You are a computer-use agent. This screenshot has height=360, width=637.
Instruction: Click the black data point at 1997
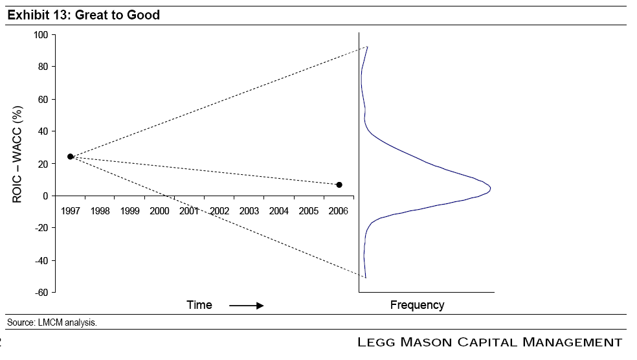click(71, 157)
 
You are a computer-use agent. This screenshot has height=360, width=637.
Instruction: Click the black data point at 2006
click(339, 185)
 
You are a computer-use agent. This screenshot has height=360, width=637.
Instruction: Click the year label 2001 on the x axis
click(190, 211)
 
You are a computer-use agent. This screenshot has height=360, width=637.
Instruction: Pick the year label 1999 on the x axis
click(129, 211)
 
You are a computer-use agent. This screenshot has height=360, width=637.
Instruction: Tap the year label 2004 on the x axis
click(279, 211)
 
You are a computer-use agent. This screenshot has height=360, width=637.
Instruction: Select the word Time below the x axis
click(199, 305)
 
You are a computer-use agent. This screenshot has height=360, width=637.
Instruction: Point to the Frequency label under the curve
click(417, 305)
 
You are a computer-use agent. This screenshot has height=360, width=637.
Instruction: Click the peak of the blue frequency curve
click(490, 188)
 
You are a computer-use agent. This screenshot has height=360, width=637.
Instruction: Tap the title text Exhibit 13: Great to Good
click(84, 15)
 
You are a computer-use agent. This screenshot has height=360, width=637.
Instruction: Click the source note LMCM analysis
click(52, 322)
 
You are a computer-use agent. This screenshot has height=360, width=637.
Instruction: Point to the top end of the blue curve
click(367, 47)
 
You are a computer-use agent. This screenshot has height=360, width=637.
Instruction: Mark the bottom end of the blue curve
click(366, 278)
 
